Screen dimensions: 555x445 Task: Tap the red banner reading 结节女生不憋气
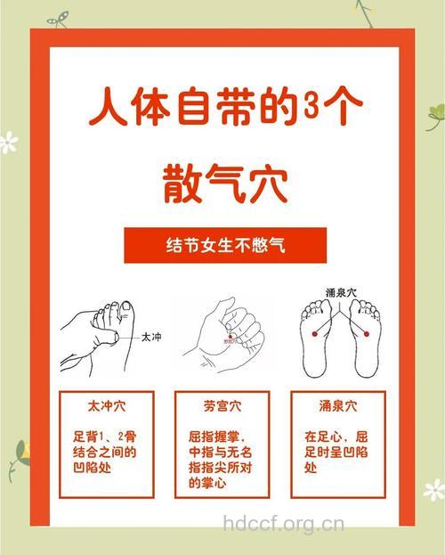click(222, 243)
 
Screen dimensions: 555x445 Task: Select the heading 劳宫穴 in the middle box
click(222, 406)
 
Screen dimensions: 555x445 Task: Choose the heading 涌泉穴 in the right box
click(337, 406)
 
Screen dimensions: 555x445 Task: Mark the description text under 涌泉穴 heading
click(336, 452)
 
